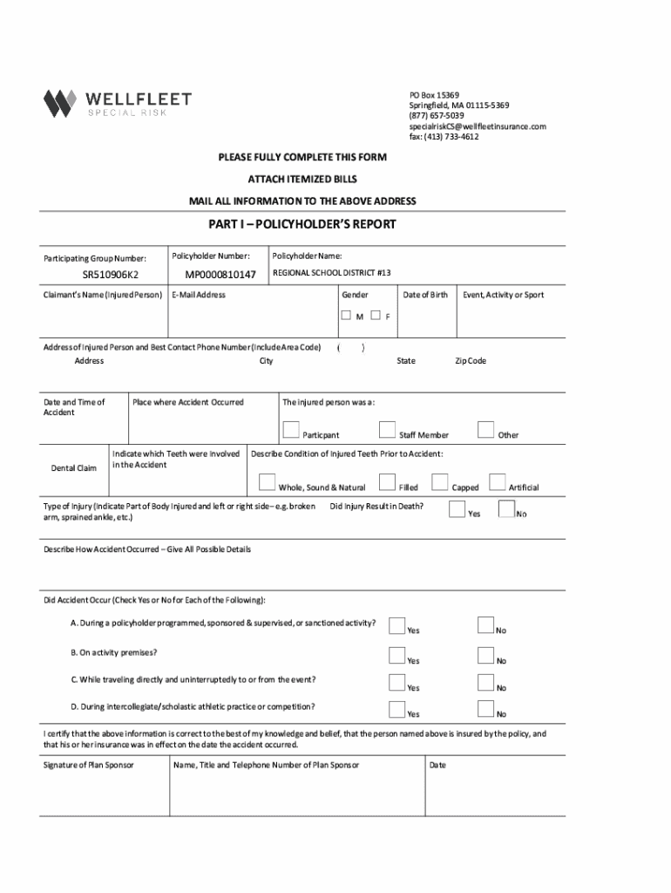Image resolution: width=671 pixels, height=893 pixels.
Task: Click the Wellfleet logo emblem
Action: coord(61,104)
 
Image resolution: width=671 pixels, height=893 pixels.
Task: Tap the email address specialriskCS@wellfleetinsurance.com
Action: coord(478,126)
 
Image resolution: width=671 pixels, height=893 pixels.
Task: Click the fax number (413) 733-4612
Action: coord(444,137)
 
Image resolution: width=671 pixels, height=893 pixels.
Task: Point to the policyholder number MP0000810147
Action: coord(220,276)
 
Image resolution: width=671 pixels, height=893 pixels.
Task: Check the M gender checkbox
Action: coord(347,316)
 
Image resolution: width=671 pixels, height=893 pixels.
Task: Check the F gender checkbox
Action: coord(376,316)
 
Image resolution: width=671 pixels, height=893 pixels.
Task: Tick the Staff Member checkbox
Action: coord(388,430)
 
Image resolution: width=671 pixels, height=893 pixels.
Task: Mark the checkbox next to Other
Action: coord(485,430)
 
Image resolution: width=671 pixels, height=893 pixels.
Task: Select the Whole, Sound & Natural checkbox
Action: coord(267,482)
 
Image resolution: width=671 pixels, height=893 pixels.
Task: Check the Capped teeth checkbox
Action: coord(440,482)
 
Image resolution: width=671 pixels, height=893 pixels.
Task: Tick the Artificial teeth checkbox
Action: coord(498,482)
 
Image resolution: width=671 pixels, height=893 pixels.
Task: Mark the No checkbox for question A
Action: coord(486,625)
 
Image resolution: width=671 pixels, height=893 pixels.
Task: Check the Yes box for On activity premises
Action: coord(397,656)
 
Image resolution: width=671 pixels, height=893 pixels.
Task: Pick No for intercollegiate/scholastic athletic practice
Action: coord(486,709)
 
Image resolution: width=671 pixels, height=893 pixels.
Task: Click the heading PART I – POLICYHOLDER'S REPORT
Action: coord(302,224)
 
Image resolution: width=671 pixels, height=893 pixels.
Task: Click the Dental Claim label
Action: coord(74,468)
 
